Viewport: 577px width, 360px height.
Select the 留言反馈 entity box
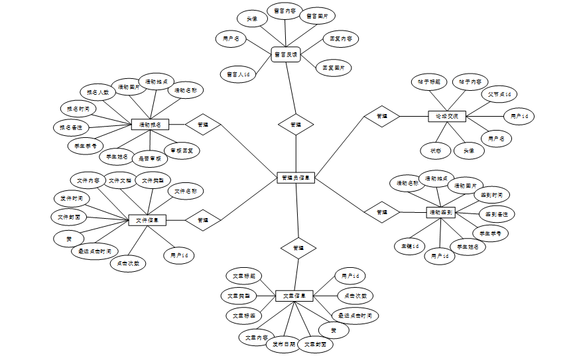pos(287,54)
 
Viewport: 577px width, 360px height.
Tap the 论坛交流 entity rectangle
pos(447,116)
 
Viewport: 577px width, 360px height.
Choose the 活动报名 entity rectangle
pos(151,124)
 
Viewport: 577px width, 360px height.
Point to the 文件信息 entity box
pos(147,220)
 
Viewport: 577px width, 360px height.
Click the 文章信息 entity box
pos(294,296)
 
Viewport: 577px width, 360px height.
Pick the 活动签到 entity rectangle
pos(441,212)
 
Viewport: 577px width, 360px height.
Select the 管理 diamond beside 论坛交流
pos(381,116)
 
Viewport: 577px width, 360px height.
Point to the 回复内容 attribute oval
pos(340,39)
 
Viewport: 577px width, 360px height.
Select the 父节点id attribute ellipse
pos(498,95)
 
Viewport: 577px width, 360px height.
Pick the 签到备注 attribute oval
pos(497,214)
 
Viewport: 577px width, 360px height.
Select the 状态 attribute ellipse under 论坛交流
pos(436,150)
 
